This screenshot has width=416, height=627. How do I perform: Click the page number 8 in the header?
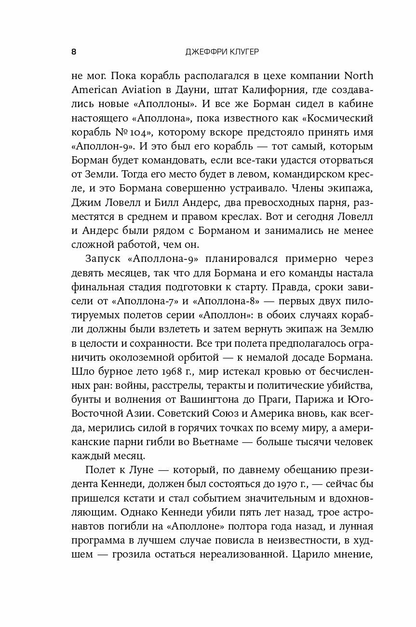(x=73, y=52)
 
